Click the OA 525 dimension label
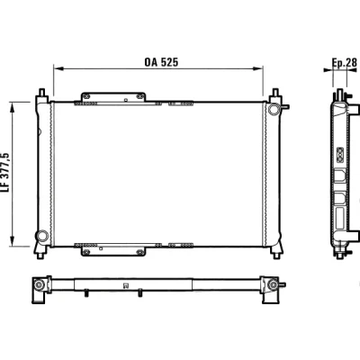click(x=161, y=62)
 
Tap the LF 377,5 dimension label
click(x=6, y=173)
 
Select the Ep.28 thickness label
click(x=345, y=63)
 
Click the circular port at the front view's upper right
click(x=274, y=109)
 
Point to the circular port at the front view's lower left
click(x=42, y=236)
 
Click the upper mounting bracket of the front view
click(x=113, y=97)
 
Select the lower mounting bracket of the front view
click(x=113, y=251)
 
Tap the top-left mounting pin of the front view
click(x=41, y=93)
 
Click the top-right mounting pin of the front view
click(x=274, y=93)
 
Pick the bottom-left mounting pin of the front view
click(x=40, y=256)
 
